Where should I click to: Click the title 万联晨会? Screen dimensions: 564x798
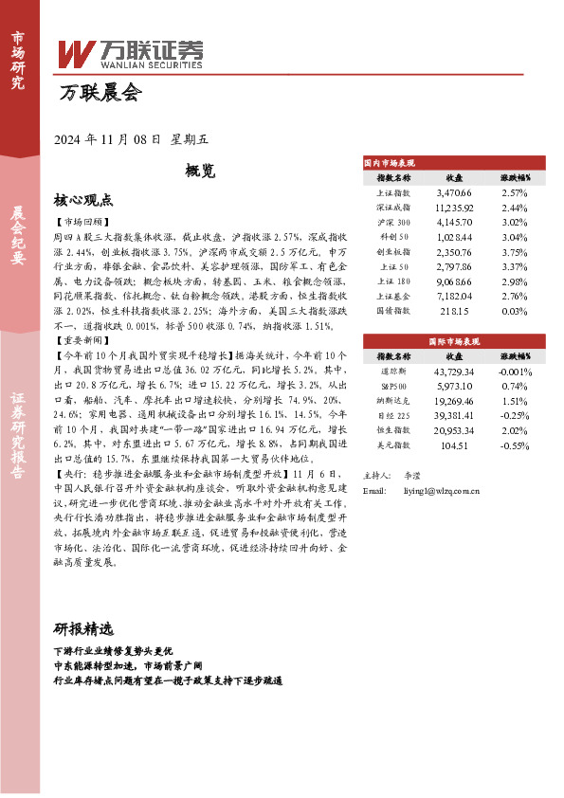[x=100, y=93]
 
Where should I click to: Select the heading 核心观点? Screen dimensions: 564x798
[x=83, y=200]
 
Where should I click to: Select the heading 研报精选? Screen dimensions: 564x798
[x=83, y=629]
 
